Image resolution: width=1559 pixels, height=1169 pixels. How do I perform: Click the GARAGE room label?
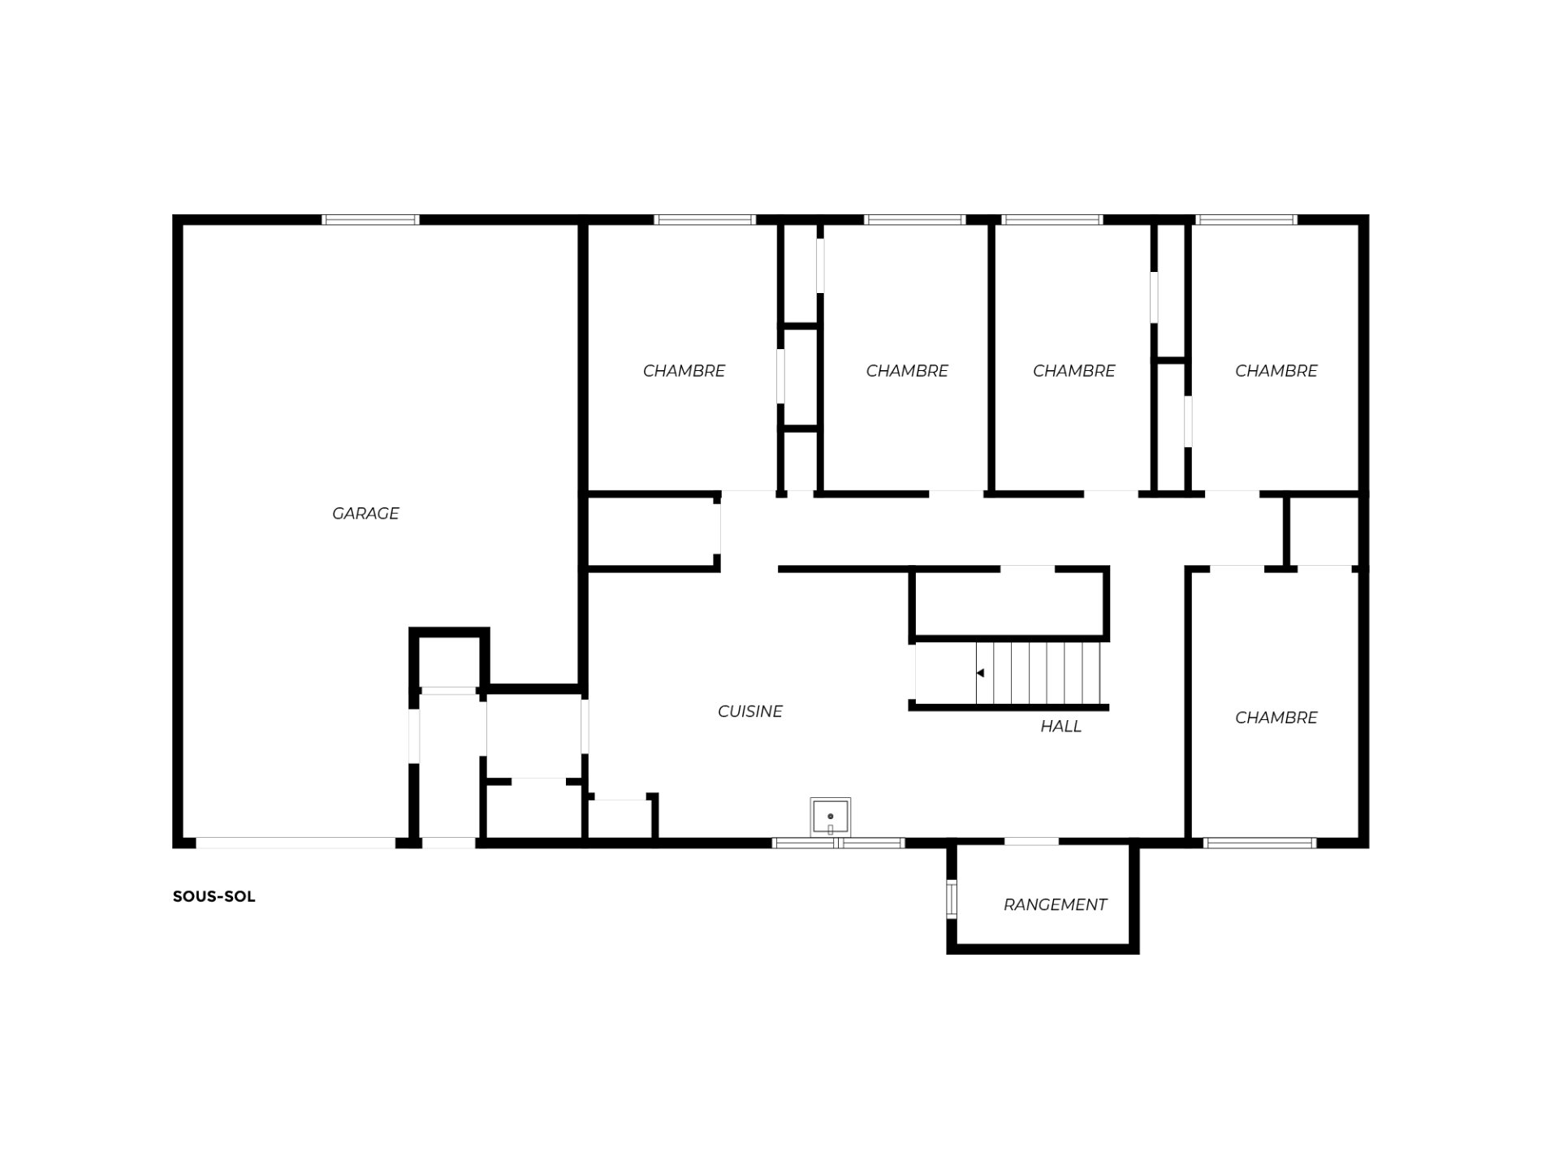pyautogui.click(x=365, y=513)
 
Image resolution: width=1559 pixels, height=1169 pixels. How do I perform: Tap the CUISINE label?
pyautogui.click(x=749, y=711)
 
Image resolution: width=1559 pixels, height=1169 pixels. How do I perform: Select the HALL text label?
pyautogui.click(x=1060, y=726)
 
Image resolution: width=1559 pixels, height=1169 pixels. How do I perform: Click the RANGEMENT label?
pyautogui.click(x=1055, y=904)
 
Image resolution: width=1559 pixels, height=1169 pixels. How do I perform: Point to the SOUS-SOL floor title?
pyautogui.click(x=214, y=897)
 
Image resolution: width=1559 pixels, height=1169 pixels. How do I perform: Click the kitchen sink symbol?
pyautogui.click(x=831, y=816)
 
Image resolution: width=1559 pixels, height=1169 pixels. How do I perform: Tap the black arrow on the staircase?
pyautogui.click(x=980, y=673)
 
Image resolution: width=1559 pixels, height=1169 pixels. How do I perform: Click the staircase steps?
pyautogui.click(x=1039, y=673)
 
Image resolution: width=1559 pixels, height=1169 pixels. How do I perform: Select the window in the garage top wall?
pyautogui.click(x=370, y=220)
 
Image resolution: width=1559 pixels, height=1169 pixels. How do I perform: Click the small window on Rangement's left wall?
pyautogui.click(x=952, y=899)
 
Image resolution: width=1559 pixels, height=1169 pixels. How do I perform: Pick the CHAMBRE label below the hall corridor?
pyautogui.click(x=1276, y=718)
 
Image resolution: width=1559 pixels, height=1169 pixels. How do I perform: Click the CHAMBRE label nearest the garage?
pyautogui.click(x=684, y=371)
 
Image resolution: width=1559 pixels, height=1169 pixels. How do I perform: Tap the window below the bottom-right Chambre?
pyautogui.click(x=1259, y=843)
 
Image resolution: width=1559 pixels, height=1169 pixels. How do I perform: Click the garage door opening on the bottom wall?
pyautogui.click(x=296, y=843)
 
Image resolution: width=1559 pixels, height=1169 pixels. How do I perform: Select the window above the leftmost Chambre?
pyautogui.click(x=705, y=220)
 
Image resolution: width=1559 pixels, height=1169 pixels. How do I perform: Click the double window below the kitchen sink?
pyautogui.click(x=838, y=843)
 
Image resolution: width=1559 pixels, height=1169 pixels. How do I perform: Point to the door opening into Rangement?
pyautogui.click(x=1031, y=842)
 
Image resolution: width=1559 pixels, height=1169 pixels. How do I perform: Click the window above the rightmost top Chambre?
pyautogui.click(x=1246, y=220)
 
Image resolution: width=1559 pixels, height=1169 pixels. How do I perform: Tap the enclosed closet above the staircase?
pyautogui.click(x=1009, y=604)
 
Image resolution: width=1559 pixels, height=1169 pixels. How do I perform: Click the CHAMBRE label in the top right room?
pyautogui.click(x=1276, y=371)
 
